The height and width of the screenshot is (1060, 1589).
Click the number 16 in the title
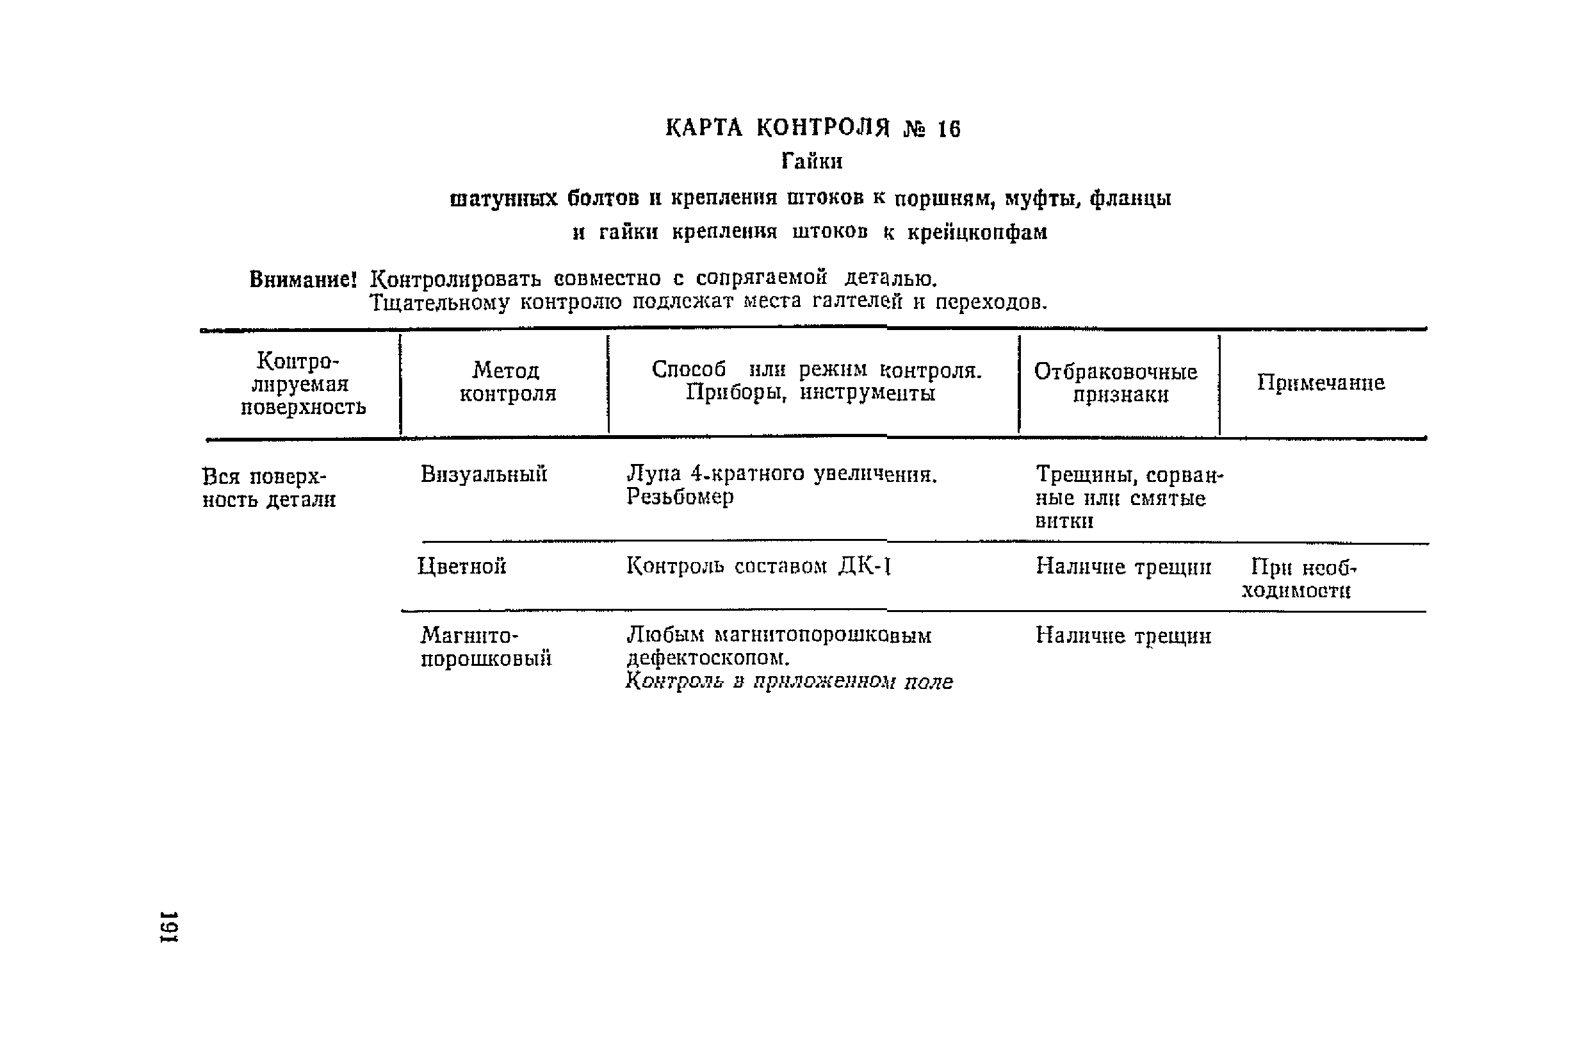[x=949, y=128]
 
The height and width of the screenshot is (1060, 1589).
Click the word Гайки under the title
[x=812, y=161]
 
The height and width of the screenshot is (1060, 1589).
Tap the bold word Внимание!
[x=303, y=279]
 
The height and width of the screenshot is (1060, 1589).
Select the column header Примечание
[x=1320, y=383]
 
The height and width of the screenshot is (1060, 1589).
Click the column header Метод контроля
[x=507, y=382]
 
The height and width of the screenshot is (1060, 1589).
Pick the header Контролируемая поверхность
[x=302, y=384]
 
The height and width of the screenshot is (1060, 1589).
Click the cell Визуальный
[x=484, y=475]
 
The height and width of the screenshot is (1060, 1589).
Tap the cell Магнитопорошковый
[x=485, y=647]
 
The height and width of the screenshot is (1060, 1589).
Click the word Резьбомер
[x=679, y=497]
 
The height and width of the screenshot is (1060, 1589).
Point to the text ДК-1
[x=865, y=566]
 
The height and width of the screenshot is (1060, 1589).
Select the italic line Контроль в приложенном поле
[x=789, y=681]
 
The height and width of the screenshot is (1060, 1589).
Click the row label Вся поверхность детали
[x=268, y=488]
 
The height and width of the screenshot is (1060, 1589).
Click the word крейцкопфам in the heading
[x=977, y=233]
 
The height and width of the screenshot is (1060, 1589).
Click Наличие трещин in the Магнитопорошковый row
[x=1123, y=636]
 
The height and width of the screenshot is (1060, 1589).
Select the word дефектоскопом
[x=707, y=658]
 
